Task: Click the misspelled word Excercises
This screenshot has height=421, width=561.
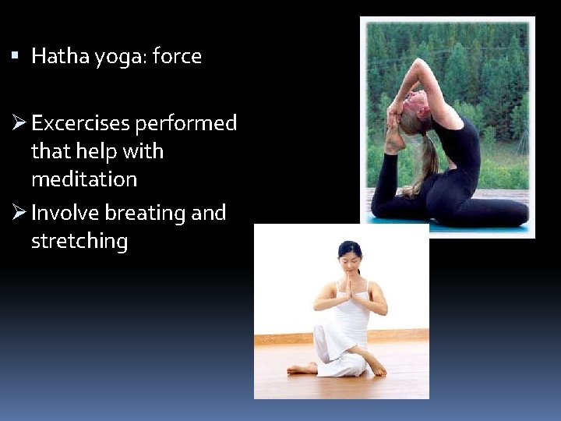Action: tap(81, 123)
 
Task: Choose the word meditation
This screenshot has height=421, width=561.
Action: tap(84, 179)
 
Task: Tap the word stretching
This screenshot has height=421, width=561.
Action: tap(79, 242)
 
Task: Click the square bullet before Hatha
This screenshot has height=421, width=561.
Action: tap(17, 56)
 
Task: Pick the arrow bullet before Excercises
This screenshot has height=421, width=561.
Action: tap(19, 123)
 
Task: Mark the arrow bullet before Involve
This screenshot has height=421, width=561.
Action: tap(19, 213)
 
